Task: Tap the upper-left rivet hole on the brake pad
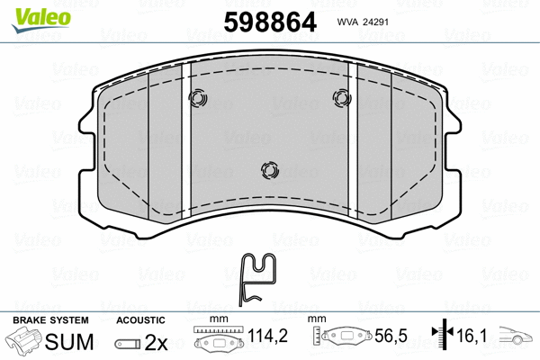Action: pyautogui.click(x=198, y=98)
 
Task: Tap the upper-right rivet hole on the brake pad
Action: pyautogui.click(x=341, y=98)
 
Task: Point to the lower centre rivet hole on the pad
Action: pyautogui.click(x=267, y=169)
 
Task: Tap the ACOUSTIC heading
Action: pyautogui.click(x=141, y=319)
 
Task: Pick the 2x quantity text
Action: pyautogui.click(x=157, y=342)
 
